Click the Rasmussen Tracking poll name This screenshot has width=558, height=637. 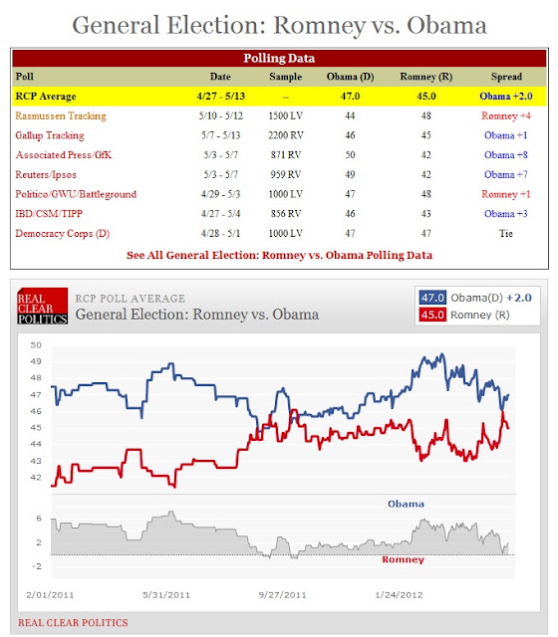pos(61,115)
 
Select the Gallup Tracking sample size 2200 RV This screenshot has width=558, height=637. pos(286,135)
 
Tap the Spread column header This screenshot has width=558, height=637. pos(506,77)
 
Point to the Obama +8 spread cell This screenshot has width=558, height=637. pos(505,155)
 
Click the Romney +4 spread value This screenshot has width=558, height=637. pos(506,115)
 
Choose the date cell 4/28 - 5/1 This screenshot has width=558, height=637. pos(220,233)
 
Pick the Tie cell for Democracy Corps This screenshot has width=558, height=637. pos(506,233)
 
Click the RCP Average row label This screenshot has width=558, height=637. pos(46,97)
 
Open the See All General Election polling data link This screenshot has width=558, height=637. pos(279,255)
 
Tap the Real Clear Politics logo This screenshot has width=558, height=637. pos(42,306)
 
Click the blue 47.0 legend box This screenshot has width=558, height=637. pos(432,298)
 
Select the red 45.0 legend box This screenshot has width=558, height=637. pos(432,315)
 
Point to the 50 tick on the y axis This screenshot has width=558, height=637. pos(36,345)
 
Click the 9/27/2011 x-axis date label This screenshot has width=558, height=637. pos(282,595)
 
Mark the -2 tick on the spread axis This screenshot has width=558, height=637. pos(37,566)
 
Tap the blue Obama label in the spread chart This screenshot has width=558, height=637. pos(406,504)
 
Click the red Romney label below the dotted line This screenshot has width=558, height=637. pos(403,559)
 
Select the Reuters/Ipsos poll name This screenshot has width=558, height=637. pos(46,175)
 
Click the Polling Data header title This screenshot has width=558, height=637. pos(279,58)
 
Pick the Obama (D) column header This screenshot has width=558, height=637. pos(350,77)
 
